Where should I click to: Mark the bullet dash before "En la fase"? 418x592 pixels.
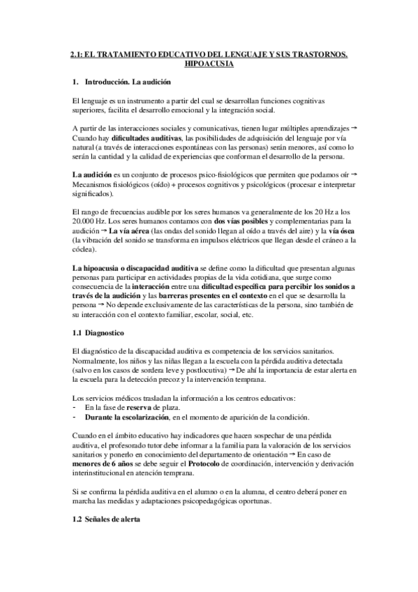pyautogui.click(x=75, y=407)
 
